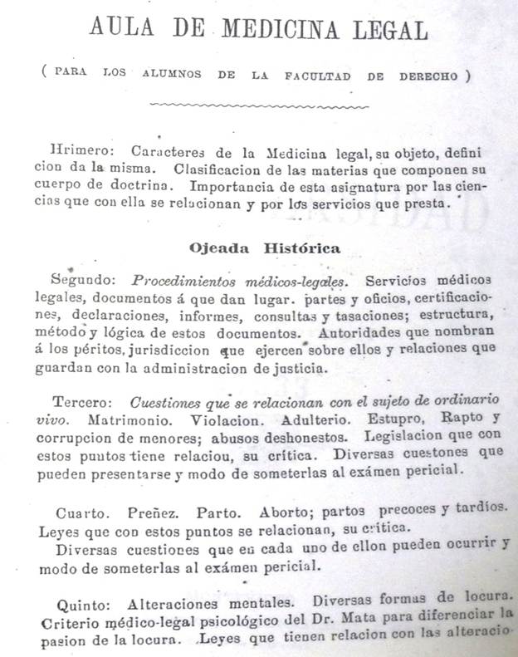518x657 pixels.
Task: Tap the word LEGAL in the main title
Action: click(388, 31)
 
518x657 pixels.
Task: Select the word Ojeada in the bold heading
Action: click(218, 247)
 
